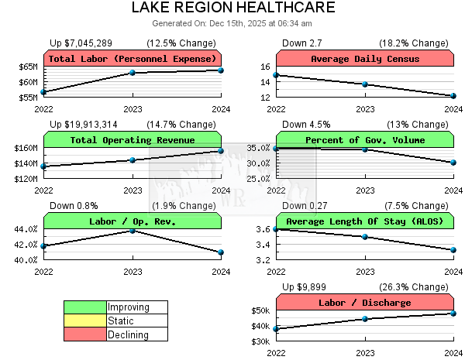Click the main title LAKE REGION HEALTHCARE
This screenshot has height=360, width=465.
click(232, 8)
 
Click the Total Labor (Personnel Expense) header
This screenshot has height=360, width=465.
click(133, 59)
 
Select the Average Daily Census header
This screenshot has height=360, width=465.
click(364, 59)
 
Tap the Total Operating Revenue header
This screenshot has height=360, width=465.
click(133, 140)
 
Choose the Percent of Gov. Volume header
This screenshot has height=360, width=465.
click(364, 140)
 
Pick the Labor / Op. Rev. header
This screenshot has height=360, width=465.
click(133, 221)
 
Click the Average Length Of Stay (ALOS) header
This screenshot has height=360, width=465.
click(364, 221)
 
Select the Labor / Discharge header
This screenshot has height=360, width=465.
click(364, 303)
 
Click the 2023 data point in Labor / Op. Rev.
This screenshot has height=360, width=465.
click(133, 231)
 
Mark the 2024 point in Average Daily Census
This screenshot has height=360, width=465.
click(453, 96)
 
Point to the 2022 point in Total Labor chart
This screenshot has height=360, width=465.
click(44, 92)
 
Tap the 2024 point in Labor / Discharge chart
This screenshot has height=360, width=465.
click(453, 313)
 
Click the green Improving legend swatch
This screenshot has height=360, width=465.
click(85, 307)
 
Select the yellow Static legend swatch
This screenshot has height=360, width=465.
click(85, 321)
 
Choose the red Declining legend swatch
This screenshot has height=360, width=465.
click(85, 334)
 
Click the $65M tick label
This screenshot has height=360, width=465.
click(28, 67)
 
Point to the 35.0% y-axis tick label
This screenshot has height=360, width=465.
click(258, 148)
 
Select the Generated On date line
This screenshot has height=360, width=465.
click(232, 24)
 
